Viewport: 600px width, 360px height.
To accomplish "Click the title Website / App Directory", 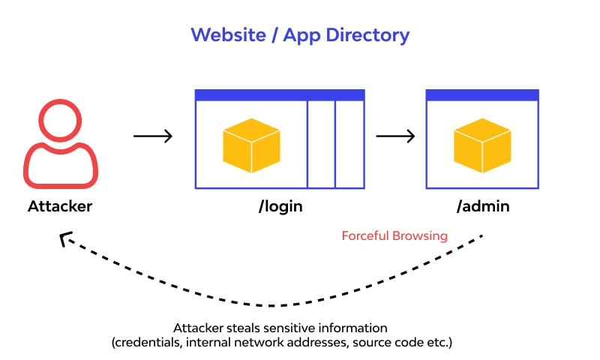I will [x=300, y=34].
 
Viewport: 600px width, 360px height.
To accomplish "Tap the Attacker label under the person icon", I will [x=60, y=206].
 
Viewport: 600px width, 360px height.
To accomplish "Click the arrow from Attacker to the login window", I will [x=153, y=136].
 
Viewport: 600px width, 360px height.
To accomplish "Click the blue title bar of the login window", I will [x=280, y=95].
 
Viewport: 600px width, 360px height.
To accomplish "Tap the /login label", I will [x=280, y=206].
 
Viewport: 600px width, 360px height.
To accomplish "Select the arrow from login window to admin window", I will [x=395, y=136].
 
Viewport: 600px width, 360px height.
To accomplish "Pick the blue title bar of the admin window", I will [x=482, y=95].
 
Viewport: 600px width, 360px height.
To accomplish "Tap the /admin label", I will [x=482, y=206].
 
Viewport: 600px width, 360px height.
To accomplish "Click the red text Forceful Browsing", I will [x=394, y=236].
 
